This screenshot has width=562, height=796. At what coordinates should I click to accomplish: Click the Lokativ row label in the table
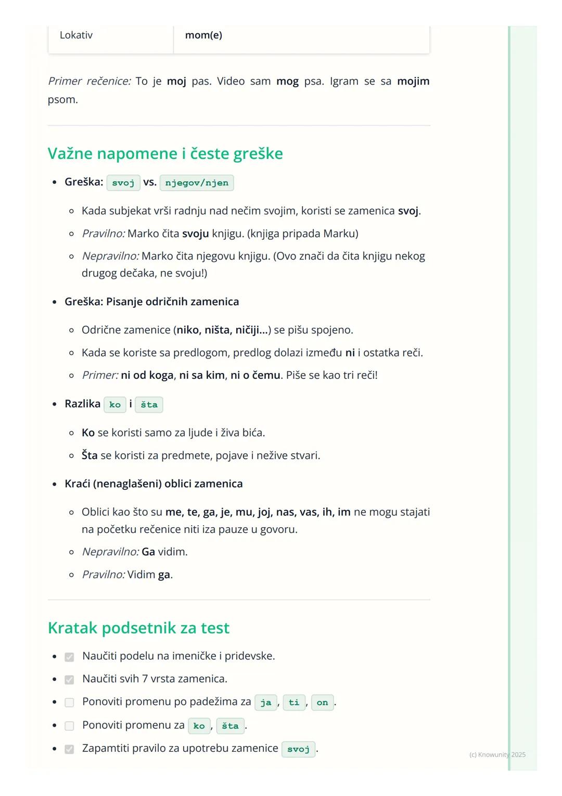click(x=76, y=35)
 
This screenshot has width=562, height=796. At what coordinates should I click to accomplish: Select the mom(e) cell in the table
click(x=203, y=35)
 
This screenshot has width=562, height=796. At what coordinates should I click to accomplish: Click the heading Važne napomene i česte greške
click(x=165, y=154)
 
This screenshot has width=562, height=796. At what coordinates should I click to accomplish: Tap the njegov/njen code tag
click(x=197, y=183)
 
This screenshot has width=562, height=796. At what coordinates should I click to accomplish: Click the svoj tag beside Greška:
click(x=123, y=183)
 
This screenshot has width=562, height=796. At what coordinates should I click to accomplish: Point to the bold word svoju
click(x=195, y=233)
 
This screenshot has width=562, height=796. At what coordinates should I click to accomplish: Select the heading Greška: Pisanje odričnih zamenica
click(x=151, y=302)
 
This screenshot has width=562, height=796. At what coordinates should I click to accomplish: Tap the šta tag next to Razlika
click(x=149, y=405)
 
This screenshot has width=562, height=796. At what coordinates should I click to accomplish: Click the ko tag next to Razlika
click(x=115, y=405)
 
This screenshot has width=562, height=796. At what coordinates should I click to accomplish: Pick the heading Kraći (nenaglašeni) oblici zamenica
click(x=154, y=484)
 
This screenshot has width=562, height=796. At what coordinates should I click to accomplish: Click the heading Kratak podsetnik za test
click(x=138, y=628)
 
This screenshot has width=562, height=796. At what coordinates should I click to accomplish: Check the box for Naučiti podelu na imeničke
click(x=69, y=657)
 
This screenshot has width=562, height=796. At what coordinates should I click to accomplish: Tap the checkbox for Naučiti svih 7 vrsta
click(x=69, y=680)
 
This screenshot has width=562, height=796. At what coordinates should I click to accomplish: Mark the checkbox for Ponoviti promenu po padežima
click(x=69, y=703)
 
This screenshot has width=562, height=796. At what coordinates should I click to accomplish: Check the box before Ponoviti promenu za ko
click(x=69, y=726)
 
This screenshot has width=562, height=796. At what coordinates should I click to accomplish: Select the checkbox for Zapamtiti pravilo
click(x=69, y=749)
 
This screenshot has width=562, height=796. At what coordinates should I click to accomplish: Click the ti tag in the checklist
click(x=294, y=703)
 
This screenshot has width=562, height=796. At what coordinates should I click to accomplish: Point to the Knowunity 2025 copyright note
click(x=497, y=755)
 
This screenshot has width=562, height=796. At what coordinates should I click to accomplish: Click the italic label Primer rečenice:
click(x=89, y=81)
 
